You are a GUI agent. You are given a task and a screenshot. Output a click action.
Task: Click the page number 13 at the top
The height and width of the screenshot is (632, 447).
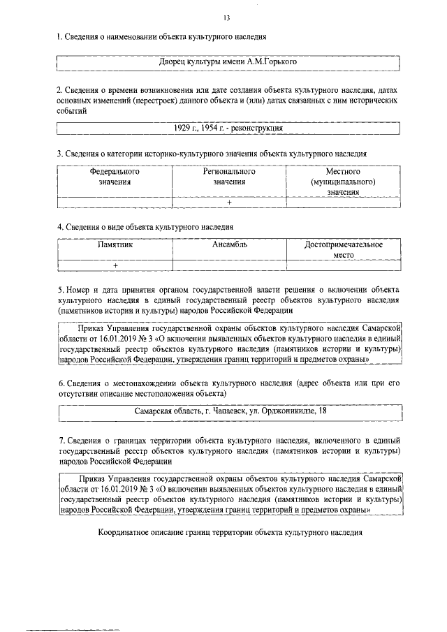(x=227, y=17)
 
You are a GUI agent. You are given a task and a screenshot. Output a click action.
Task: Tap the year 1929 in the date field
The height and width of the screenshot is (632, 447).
(x=183, y=128)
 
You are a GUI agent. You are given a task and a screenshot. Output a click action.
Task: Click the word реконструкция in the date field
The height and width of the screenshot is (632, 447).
(x=257, y=128)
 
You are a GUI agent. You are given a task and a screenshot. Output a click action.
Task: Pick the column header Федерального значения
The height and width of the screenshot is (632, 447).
(x=115, y=176)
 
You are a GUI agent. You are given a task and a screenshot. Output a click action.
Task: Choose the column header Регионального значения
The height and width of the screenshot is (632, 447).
(x=229, y=176)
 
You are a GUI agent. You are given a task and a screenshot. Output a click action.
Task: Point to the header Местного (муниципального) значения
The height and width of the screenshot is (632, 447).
(x=343, y=181)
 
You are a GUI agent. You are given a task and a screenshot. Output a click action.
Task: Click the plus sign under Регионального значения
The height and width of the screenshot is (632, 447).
(x=229, y=203)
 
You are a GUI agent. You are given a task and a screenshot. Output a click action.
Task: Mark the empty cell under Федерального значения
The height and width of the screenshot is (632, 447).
(x=115, y=203)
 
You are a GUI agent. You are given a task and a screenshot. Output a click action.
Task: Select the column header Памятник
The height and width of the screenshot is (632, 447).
(x=115, y=245)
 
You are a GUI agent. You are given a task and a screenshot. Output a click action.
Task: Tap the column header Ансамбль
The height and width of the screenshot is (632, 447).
(x=230, y=245)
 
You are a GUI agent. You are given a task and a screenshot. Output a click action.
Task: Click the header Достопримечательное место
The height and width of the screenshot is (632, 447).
(x=344, y=250)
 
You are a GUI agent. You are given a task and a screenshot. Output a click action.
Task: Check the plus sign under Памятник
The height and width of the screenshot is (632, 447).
(x=115, y=266)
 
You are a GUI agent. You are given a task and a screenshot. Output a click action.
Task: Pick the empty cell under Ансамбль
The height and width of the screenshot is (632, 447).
(x=230, y=266)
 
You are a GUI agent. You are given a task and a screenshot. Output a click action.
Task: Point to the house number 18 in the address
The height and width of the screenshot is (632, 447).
(x=322, y=411)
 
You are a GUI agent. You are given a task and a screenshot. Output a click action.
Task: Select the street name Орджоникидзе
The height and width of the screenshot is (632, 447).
(x=286, y=411)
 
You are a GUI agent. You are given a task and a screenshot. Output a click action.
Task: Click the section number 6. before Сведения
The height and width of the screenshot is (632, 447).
(x=61, y=383)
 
